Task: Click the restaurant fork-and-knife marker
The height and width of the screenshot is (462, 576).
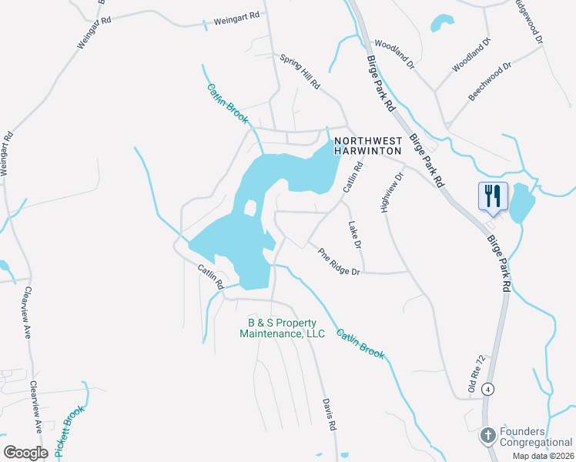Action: click(493, 196)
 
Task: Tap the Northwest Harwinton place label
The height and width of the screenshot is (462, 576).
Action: click(368, 146)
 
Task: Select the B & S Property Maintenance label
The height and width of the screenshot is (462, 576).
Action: click(282, 328)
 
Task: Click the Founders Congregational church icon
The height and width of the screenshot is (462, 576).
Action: click(487, 437)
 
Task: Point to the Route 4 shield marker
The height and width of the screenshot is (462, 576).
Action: click(487, 390)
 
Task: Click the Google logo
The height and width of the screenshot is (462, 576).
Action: click(26, 452)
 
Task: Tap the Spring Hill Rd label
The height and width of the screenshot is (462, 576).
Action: click(300, 72)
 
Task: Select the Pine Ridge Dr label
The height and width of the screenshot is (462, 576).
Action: click(340, 260)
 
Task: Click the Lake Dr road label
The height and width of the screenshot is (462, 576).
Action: click(354, 236)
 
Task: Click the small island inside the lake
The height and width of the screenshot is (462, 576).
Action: click(249, 208)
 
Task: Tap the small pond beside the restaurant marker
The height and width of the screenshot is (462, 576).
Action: click(522, 202)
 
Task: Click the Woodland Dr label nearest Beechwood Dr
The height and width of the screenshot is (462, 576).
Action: click(471, 55)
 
